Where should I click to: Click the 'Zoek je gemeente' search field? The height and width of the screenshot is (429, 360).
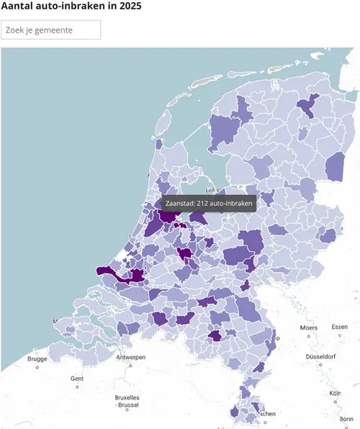(x=51, y=30)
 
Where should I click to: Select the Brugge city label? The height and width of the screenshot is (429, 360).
(x=37, y=358)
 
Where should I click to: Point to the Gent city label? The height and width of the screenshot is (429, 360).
(x=77, y=379)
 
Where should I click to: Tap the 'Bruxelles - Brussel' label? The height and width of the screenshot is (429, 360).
(x=127, y=401)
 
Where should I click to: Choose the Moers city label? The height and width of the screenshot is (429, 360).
(x=309, y=328)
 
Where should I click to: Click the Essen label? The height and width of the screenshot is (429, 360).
(x=339, y=327)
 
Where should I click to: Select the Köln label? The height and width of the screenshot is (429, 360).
(x=335, y=394)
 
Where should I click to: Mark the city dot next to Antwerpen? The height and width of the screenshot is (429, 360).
(x=130, y=365)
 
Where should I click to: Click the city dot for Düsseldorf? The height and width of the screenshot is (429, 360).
(x=321, y=365)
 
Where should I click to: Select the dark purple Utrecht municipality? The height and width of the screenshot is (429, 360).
(x=185, y=253)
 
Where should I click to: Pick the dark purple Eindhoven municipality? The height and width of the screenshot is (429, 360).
(x=215, y=335)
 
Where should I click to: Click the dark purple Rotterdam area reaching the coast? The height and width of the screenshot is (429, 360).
(x=108, y=272)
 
